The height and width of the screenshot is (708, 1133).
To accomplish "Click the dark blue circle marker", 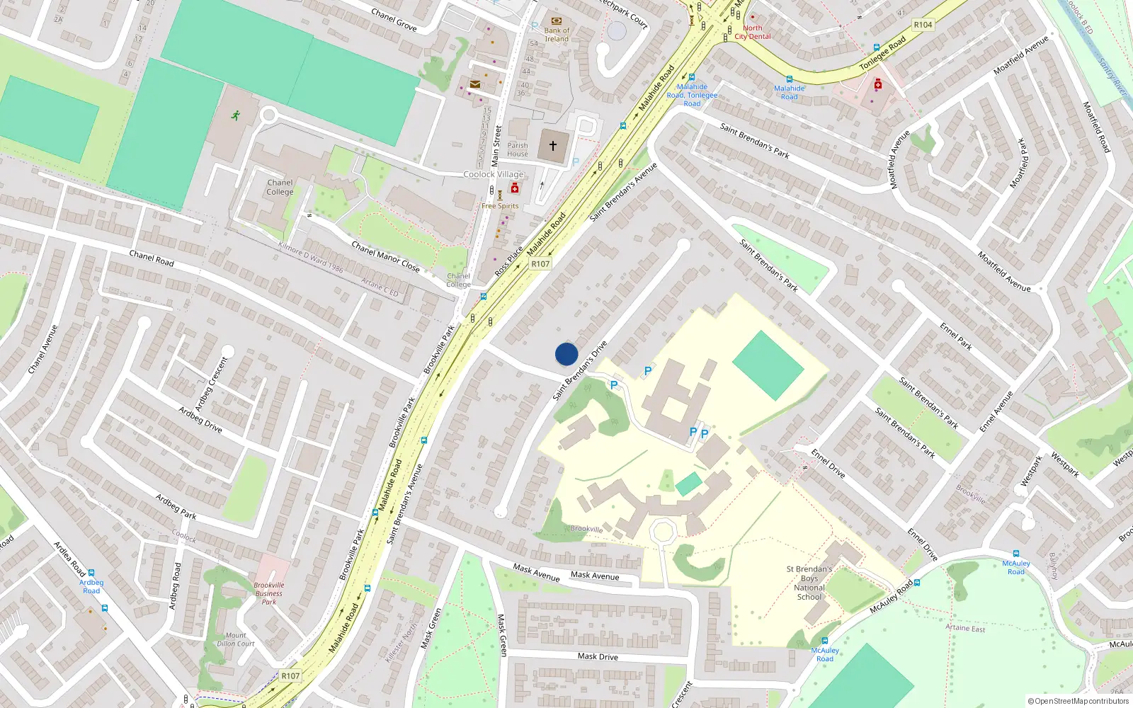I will pyautogui.click(x=566, y=354).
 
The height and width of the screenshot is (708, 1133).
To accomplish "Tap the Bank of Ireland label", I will pyautogui.click(x=557, y=34).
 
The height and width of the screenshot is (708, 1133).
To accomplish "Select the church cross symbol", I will pyautogui.click(x=553, y=145).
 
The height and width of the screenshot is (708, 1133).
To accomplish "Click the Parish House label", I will pyautogui.click(x=518, y=149).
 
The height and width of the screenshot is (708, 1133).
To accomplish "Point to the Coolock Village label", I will pyautogui.click(x=494, y=174).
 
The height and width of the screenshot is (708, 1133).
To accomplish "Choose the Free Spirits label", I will pyautogui.click(x=500, y=206).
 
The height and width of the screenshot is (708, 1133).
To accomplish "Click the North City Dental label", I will pyautogui.click(x=753, y=33).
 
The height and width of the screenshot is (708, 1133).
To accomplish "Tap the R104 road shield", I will pyautogui.click(x=923, y=25).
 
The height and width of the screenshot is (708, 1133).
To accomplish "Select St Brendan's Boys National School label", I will pyautogui.click(x=809, y=583).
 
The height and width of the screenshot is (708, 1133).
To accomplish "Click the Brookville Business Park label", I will pyautogui.click(x=269, y=593).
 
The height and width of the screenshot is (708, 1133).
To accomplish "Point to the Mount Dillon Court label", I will pyautogui.click(x=236, y=639).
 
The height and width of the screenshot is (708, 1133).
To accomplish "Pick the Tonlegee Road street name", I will pyautogui.click(x=882, y=54).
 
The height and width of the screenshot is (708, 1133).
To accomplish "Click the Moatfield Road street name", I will pyautogui.click(x=1096, y=127).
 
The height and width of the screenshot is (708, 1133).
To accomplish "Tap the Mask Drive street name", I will pyautogui.click(x=598, y=656).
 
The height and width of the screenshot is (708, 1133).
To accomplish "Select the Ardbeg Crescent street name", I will pyautogui.click(x=212, y=384).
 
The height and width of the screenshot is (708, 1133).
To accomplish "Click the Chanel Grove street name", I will pyautogui.click(x=394, y=19).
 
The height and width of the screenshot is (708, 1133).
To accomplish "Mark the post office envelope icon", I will pyautogui.click(x=475, y=84).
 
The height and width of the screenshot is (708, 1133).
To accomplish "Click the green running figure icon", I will pyautogui.click(x=235, y=115).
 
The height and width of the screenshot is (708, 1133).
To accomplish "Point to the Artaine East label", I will pyautogui.click(x=965, y=628).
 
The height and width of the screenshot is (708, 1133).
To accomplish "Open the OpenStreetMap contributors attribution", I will pyautogui.click(x=1078, y=701).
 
